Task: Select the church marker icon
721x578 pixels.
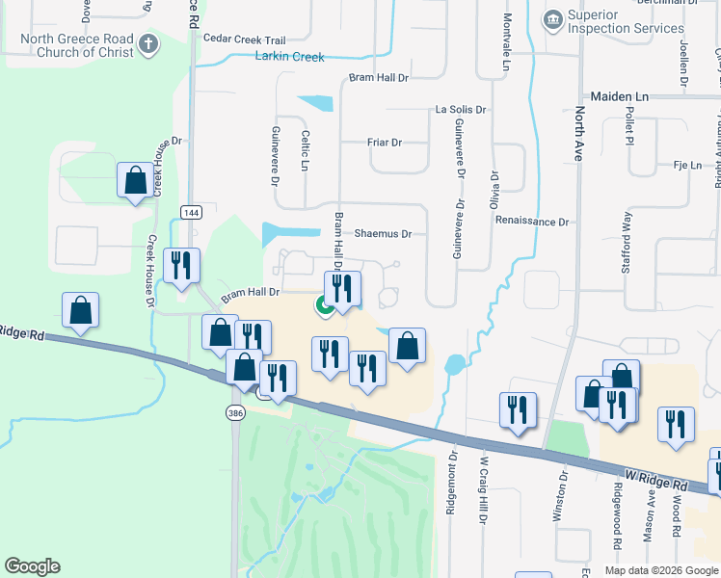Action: pyautogui.click(x=147, y=42)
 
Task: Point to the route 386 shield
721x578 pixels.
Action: pyautogui.click(x=234, y=412)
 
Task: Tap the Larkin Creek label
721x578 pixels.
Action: pyautogui.click(x=289, y=57)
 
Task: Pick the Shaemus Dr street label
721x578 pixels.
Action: pyautogui.click(x=383, y=233)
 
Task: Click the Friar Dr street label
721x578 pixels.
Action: pyautogui.click(x=384, y=143)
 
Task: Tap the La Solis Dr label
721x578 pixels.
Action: pyautogui.click(x=461, y=111)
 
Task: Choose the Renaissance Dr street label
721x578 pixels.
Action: pyautogui.click(x=532, y=222)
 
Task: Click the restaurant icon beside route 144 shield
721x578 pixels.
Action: pyautogui.click(x=181, y=266)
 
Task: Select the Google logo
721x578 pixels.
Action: pyautogui.click(x=32, y=566)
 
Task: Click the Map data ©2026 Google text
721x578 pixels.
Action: pyautogui.click(x=660, y=570)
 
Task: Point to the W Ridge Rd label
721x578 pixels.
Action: pyautogui.click(x=654, y=478)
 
